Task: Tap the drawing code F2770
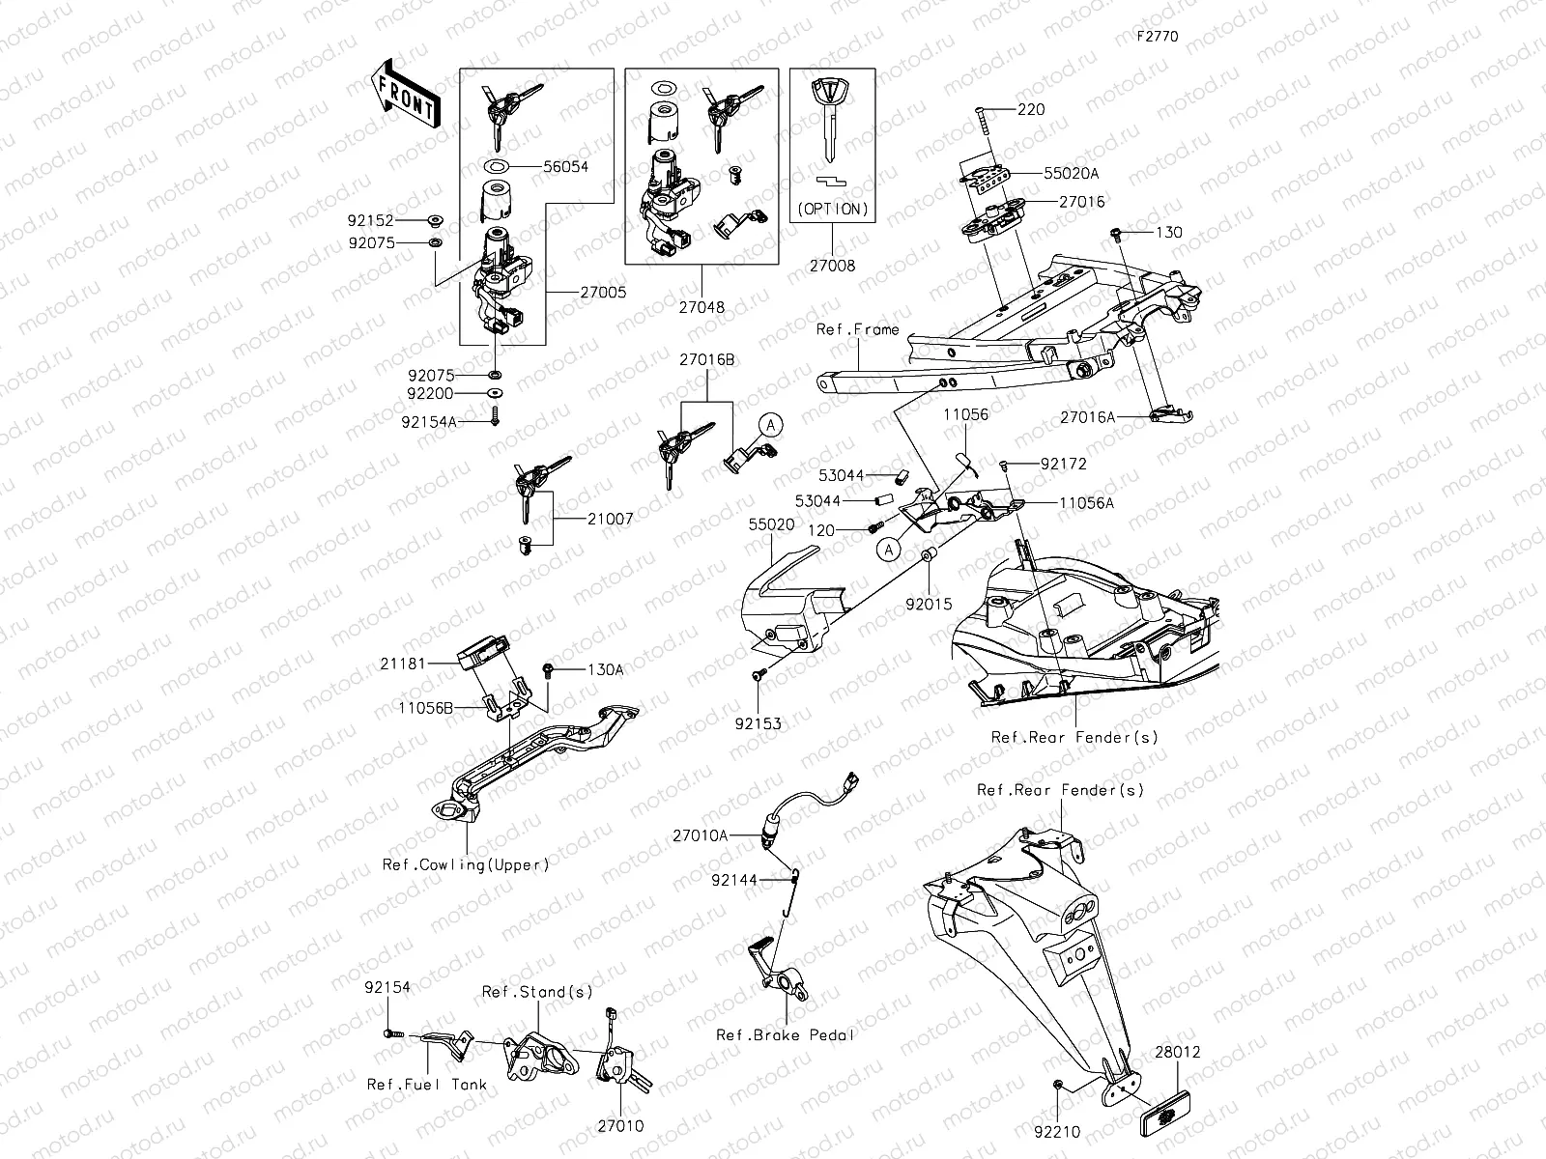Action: coord(1157,37)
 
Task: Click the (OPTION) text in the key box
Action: coord(833,209)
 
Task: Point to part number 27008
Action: coord(833,266)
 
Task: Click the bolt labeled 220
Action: coord(982,126)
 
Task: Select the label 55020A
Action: coord(1070,174)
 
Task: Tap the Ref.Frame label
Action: coord(857,329)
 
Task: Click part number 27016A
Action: coord(1087,417)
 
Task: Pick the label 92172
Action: coord(1063,464)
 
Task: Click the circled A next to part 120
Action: coord(889,549)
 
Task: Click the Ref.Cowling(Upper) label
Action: coord(466,864)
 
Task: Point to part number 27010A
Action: coord(701,835)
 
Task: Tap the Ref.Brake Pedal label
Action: coord(786,1034)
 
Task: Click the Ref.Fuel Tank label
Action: coord(427,1084)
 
